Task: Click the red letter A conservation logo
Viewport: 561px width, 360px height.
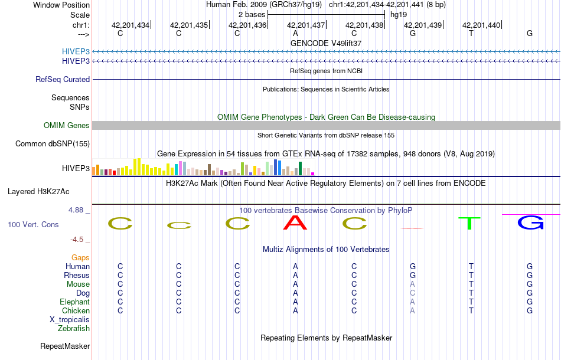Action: pyautogui.click(x=295, y=222)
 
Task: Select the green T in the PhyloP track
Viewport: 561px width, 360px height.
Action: pyautogui.click(x=470, y=223)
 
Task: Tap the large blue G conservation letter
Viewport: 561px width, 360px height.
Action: pyautogui.click(x=530, y=222)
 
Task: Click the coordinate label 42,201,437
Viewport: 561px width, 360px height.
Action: pyautogui.click(x=306, y=25)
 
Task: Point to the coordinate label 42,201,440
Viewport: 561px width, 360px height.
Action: pyautogui.click(x=481, y=25)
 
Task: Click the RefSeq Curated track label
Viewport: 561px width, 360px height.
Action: pyautogui.click(x=63, y=79)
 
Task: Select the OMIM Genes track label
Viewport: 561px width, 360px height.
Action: pyautogui.click(x=67, y=125)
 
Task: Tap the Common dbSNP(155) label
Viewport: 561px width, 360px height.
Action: pyautogui.click(x=53, y=143)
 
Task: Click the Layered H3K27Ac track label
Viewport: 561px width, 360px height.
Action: pyautogui.click(x=38, y=191)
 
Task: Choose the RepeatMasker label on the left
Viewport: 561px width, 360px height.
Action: pyautogui.click(x=65, y=346)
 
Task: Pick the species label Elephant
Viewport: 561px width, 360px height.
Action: pyautogui.click(x=74, y=302)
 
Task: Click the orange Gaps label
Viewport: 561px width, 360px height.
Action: pyautogui.click(x=80, y=257)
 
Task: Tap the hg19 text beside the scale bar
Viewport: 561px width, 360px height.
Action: pyautogui.click(x=399, y=14)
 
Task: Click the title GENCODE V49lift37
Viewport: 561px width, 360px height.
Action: pyautogui.click(x=326, y=43)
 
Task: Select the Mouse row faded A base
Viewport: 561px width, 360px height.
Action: pyautogui.click(x=413, y=284)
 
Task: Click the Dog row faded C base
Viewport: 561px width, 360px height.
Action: pyautogui.click(x=413, y=293)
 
